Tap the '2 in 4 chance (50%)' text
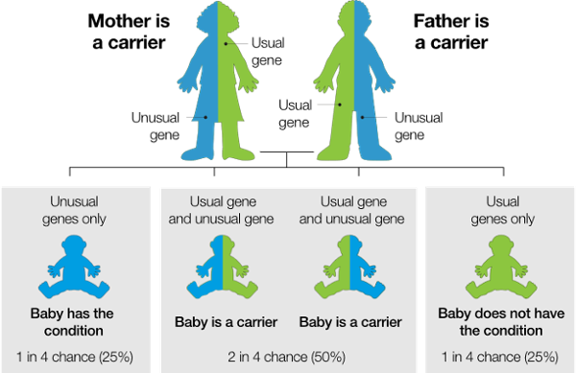[x=287, y=357]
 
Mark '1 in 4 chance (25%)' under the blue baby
[x=77, y=357]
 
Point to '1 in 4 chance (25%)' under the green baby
[x=497, y=357]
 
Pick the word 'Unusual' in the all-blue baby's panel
[x=77, y=201]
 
